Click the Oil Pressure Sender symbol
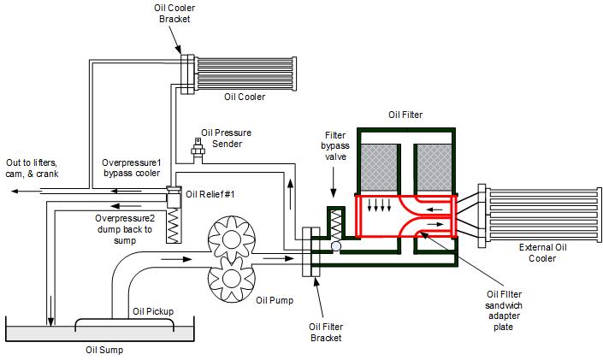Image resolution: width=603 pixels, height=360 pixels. (198, 147)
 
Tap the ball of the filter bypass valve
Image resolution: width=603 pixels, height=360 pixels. (336, 246)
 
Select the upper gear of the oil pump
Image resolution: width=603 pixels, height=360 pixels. (232, 239)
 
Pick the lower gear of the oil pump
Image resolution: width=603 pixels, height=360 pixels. (232, 279)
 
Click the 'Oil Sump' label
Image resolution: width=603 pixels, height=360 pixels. (104, 350)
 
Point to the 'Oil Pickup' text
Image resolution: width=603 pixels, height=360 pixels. (153, 311)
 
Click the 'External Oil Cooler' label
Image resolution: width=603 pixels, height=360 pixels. (542, 253)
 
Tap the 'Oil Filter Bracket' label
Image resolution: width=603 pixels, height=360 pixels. (326, 333)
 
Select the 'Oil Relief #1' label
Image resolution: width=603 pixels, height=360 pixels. (210, 194)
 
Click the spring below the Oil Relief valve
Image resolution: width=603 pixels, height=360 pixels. (174, 226)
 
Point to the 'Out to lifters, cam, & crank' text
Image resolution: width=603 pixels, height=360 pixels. (32, 168)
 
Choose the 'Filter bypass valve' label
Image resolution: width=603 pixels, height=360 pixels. (335, 145)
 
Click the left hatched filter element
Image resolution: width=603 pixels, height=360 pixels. (379, 168)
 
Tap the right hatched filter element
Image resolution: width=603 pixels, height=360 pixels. (435, 168)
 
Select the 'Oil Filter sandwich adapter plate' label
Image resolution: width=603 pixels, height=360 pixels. (504, 310)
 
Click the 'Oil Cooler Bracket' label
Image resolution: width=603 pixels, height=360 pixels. (174, 14)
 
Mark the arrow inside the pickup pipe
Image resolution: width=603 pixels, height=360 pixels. (176, 259)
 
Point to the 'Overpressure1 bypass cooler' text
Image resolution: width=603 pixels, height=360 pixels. (132, 168)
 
